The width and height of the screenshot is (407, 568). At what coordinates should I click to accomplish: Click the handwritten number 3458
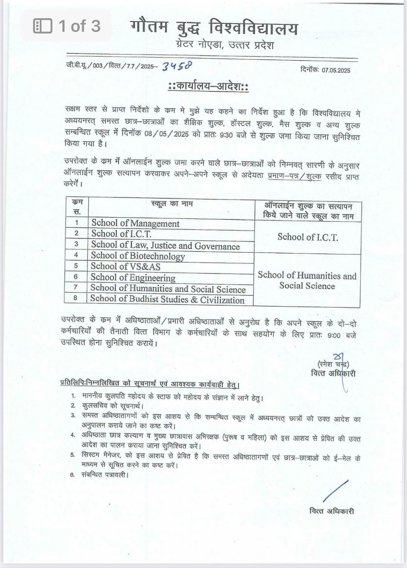[x=177, y=66]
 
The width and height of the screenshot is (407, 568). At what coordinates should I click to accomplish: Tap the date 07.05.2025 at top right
[x=336, y=70]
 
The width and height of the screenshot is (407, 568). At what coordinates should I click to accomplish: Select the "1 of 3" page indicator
[x=67, y=26]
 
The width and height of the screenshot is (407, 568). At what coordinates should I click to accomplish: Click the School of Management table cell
[x=135, y=223]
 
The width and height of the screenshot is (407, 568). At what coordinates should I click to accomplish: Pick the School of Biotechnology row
[x=138, y=256]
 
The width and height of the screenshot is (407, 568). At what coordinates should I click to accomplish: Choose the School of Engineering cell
[x=133, y=277]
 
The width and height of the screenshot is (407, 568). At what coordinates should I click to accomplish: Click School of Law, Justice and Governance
[x=165, y=245]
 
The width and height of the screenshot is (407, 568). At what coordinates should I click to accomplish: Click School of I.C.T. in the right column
[x=308, y=237]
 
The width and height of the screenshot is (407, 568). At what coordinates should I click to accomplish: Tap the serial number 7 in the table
[x=76, y=287]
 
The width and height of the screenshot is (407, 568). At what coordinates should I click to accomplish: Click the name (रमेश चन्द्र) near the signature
[x=333, y=364]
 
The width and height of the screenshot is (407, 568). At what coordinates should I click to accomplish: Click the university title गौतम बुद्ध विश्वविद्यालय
[x=214, y=28]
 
